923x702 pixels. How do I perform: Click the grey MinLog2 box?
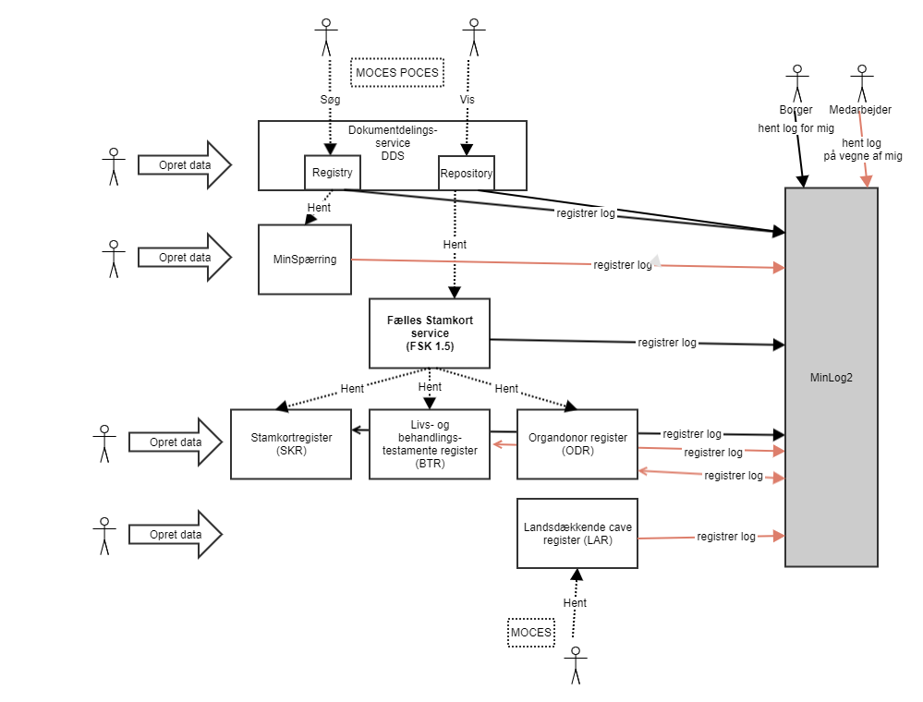[x=831, y=377]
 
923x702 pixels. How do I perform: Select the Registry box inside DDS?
[x=332, y=173]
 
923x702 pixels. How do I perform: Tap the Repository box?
[x=466, y=173]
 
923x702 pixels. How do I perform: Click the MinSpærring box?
[x=304, y=260]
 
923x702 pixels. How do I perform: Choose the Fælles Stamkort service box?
[x=429, y=333]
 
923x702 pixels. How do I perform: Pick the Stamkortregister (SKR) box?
[x=290, y=444]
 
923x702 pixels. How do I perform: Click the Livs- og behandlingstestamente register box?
[x=429, y=444]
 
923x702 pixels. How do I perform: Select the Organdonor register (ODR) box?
[x=577, y=444]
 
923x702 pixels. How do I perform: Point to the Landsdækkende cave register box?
[x=577, y=533]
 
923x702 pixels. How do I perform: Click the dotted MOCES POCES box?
[x=396, y=73]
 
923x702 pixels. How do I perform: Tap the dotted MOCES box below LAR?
[x=531, y=633]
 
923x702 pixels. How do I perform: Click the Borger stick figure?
[x=795, y=82]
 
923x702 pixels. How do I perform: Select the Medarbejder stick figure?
[x=862, y=82]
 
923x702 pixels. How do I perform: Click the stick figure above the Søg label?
[x=324, y=38]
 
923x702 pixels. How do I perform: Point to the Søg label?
[x=331, y=97]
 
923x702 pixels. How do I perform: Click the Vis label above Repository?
[x=467, y=99]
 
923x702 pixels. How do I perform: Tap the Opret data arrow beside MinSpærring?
[x=184, y=258]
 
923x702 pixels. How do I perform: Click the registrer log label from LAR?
[x=726, y=537]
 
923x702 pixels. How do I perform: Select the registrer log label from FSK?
[x=667, y=343]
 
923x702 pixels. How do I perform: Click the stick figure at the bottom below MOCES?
[x=576, y=665]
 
